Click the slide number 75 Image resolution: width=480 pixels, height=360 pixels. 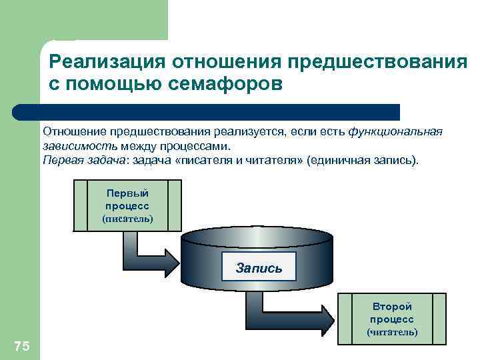coord(21,345)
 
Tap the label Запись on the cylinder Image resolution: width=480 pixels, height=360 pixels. coord(259,268)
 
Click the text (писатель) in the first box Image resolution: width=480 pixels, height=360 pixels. coord(127,219)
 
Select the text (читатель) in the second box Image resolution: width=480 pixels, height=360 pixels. coord(392,331)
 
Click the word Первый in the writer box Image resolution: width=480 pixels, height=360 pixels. coord(127,193)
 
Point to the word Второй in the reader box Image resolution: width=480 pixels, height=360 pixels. coord(392,307)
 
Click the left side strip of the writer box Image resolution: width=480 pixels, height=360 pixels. coord(79,205)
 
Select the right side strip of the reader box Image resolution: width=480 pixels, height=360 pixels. coord(439,319)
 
